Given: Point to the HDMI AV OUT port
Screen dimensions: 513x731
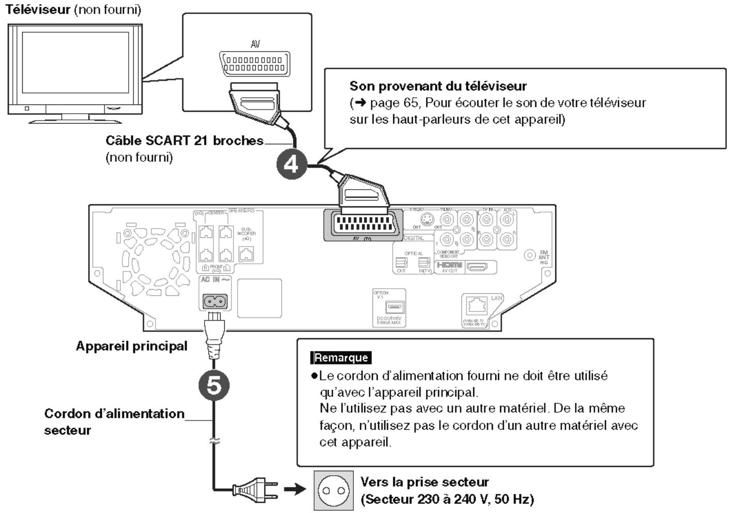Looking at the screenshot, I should click(476, 267).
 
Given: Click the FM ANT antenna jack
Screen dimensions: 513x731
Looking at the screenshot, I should click(530, 255).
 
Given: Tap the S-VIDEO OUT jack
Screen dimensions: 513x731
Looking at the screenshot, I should click(427, 220).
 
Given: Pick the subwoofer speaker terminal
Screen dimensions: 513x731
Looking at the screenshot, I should click(247, 253).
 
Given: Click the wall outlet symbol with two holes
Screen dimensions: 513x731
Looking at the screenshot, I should click(334, 490).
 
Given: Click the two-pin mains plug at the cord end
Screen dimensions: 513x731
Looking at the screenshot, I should click(256, 489).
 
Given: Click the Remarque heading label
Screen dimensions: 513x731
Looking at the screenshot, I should click(341, 357).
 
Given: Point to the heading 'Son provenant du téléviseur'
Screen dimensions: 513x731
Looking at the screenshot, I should click(438, 86).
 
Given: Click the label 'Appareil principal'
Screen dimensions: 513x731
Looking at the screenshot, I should click(132, 346).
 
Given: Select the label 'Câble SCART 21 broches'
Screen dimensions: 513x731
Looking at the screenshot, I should click(184, 141).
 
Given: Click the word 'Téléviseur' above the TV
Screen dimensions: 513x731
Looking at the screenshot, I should click(38, 9).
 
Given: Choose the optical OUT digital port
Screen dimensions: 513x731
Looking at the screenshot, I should click(401, 262).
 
